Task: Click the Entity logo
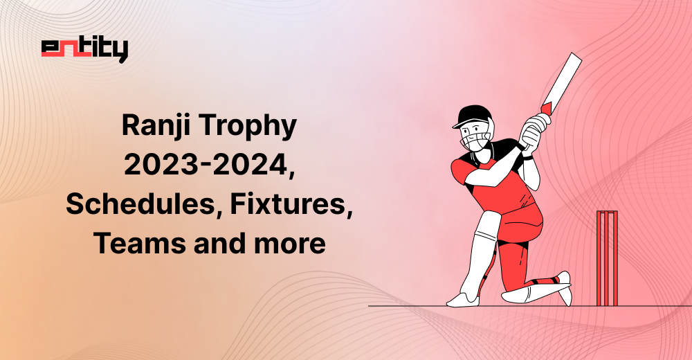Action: [x=84, y=51]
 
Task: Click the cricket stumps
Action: [x=607, y=258]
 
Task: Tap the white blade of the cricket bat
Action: [x=563, y=80]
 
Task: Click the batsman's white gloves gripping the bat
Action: [x=534, y=129]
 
